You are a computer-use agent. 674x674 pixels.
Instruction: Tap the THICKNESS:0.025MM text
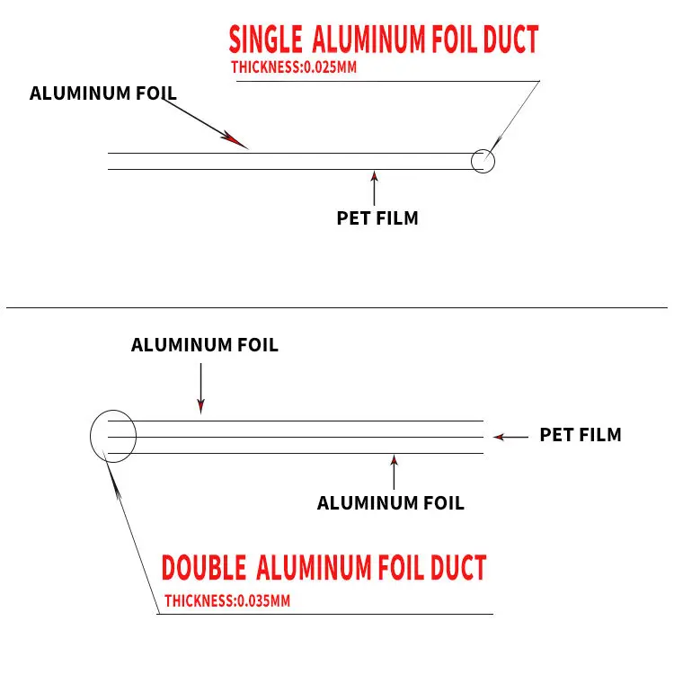[x=288, y=67]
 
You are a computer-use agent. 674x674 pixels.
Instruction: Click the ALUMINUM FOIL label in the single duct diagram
[x=103, y=93]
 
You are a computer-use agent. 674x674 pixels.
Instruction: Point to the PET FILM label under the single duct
[x=377, y=217]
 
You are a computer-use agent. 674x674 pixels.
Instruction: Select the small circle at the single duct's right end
[x=483, y=161]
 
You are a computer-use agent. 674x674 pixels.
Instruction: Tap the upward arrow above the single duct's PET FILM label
[x=375, y=184]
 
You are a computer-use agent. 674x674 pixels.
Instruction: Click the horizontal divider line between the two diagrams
[x=337, y=308]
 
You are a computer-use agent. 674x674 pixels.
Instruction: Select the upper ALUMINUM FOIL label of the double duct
[x=205, y=345]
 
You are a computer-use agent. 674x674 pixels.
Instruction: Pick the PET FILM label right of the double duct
[x=581, y=435]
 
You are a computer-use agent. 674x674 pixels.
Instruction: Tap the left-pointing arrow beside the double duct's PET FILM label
[x=510, y=437]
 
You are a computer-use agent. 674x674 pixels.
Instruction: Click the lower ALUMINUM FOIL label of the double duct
[x=391, y=503]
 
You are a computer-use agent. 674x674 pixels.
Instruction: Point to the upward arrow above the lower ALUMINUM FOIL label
[x=394, y=471]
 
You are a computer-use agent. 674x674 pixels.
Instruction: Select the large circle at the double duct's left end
[x=113, y=436]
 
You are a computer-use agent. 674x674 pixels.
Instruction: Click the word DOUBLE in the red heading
[x=204, y=568]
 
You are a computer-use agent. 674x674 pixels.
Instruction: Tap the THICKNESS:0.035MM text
[x=227, y=601]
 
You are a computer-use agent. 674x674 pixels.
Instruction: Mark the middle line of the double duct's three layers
[x=297, y=437]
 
